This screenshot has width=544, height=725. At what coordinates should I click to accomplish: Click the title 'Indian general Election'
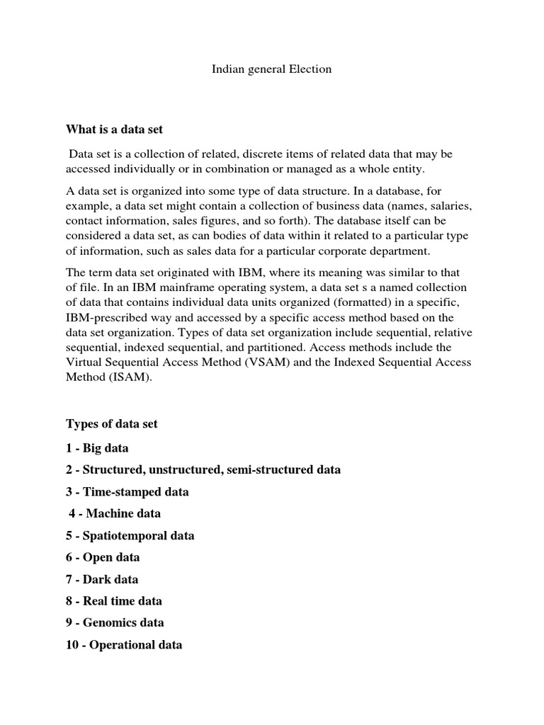[x=272, y=69]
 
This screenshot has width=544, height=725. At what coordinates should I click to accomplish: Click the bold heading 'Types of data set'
[x=112, y=424]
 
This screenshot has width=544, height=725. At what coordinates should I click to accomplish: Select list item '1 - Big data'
[x=97, y=448]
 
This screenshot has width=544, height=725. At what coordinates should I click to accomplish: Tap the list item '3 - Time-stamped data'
[x=127, y=491]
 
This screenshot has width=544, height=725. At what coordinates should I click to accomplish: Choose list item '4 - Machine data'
[x=115, y=513]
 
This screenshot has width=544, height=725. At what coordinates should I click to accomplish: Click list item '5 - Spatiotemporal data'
[x=130, y=535]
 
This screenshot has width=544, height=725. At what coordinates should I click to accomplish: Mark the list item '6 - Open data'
[x=103, y=557]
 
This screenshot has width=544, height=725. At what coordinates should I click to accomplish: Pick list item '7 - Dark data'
[x=102, y=579]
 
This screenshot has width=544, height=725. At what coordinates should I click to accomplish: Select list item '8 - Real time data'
[x=114, y=601]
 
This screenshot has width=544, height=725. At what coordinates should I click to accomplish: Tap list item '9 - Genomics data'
[x=115, y=623]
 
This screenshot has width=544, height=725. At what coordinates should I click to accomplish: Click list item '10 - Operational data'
[x=124, y=645]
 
